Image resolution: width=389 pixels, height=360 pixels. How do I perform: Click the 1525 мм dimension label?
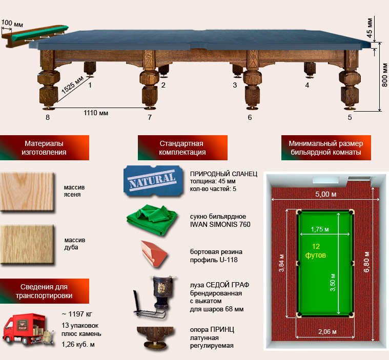click(72, 85)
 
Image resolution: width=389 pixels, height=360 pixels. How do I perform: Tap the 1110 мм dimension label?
click(96, 113)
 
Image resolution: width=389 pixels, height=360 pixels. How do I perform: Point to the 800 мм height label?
click(384, 75)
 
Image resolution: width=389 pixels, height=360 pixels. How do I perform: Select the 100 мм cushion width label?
click(12, 24)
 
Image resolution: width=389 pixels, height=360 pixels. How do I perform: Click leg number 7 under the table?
click(150, 117)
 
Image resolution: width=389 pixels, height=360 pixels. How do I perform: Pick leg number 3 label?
click(235, 85)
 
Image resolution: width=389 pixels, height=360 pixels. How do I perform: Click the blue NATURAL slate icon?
click(153, 181)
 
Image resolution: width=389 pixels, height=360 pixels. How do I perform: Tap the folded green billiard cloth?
click(152, 219)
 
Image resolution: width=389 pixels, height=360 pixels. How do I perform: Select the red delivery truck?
click(28, 329)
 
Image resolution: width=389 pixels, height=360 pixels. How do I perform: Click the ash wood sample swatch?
click(27, 192)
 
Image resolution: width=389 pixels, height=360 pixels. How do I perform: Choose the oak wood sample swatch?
click(27, 244)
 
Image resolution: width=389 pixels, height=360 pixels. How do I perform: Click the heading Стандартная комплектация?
click(182, 148)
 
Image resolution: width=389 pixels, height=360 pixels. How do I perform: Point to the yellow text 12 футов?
click(316, 250)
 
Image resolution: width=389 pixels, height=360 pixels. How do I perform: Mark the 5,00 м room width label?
click(326, 194)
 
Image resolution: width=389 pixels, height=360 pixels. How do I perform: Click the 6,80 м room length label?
click(366, 262)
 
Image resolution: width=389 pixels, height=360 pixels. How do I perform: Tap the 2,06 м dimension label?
click(327, 331)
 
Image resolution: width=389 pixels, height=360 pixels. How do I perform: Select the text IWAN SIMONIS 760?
click(220, 225)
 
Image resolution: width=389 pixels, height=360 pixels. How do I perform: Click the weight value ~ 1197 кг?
click(77, 314)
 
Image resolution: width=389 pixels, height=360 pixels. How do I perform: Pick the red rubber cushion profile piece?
click(154, 253)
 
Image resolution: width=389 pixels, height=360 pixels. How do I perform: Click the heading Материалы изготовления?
click(44, 148)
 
